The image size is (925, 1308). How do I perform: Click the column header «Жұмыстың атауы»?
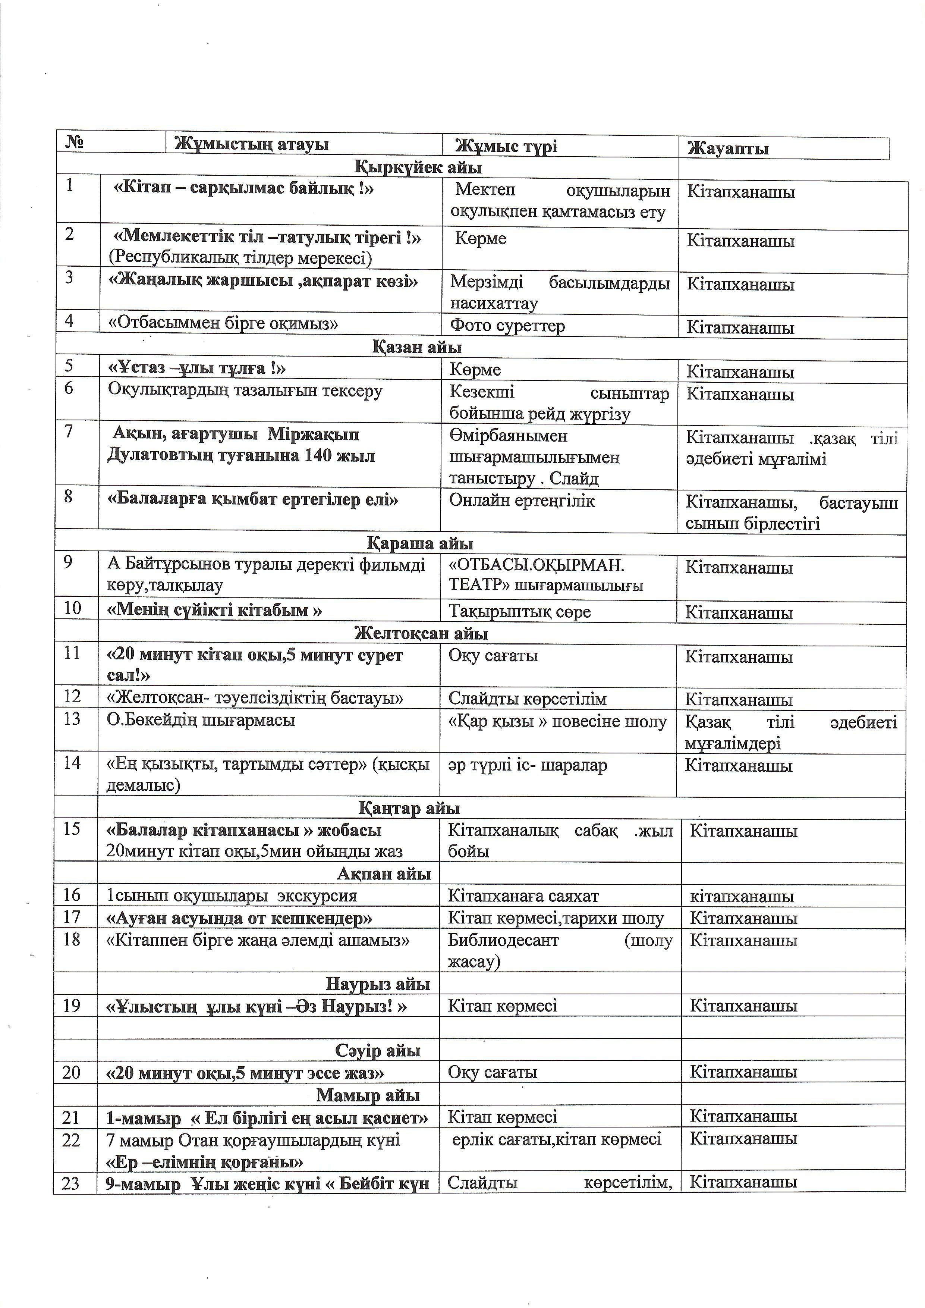(251, 144)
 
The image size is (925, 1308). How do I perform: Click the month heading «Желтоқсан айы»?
(421, 634)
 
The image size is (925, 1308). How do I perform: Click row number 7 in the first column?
(69, 432)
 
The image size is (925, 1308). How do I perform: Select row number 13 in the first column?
(72, 719)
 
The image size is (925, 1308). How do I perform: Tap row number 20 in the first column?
(71, 1073)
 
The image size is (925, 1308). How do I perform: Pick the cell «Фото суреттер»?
(507, 326)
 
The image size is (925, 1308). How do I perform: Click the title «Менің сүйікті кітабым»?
(215, 611)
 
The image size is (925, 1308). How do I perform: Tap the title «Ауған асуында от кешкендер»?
(239, 918)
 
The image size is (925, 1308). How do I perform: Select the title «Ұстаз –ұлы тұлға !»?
(196, 368)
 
